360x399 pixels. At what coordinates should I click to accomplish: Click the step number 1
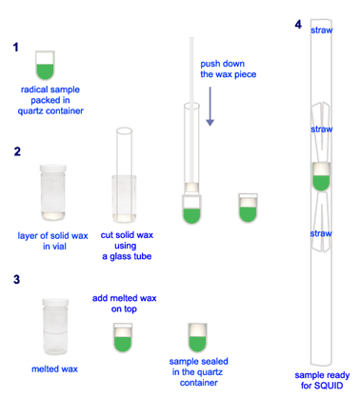[x=15, y=48]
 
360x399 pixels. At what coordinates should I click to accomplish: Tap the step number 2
[x=17, y=151]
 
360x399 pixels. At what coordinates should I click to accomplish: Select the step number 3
[x=16, y=279]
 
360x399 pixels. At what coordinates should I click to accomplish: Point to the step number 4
[x=298, y=25]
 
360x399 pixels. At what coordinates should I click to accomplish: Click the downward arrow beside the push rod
[x=210, y=107]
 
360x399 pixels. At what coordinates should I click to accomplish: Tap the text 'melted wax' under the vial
[x=54, y=369]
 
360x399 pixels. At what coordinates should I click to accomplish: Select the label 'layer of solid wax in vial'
[x=52, y=241]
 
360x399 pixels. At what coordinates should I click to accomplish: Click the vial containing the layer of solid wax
[x=53, y=192]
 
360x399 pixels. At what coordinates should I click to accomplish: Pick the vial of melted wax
[x=55, y=327]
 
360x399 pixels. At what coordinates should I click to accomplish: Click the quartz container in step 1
[x=45, y=66]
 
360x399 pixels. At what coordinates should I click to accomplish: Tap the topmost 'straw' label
[x=322, y=30]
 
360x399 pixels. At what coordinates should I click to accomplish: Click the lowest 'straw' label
[x=321, y=233]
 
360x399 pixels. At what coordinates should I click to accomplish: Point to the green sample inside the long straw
[x=321, y=183]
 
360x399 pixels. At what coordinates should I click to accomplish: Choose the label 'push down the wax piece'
[x=228, y=69]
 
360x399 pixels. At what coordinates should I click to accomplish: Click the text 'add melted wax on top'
[x=124, y=304]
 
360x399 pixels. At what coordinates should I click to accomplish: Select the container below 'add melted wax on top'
[x=123, y=338]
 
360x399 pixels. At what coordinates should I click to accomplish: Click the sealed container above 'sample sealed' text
[x=197, y=338]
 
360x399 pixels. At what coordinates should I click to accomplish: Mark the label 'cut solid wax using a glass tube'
[x=127, y=246]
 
